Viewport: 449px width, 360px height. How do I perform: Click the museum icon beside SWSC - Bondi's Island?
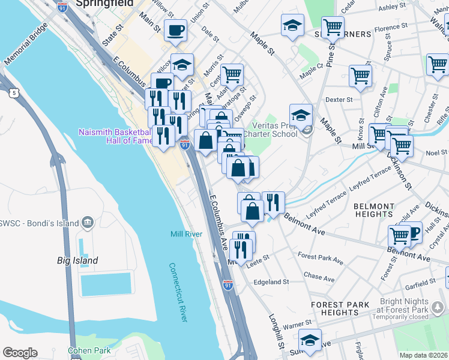(89, 223)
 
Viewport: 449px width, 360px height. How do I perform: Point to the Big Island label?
(77, 261)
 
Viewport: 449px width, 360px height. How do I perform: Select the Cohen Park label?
(89, 350)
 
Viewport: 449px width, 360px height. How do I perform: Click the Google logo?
(20, 353)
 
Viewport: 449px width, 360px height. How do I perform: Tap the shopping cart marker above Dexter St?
(360, 76)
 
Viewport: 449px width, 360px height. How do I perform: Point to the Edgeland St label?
(271, 282)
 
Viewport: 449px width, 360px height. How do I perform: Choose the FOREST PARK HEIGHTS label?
(340, 308)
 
